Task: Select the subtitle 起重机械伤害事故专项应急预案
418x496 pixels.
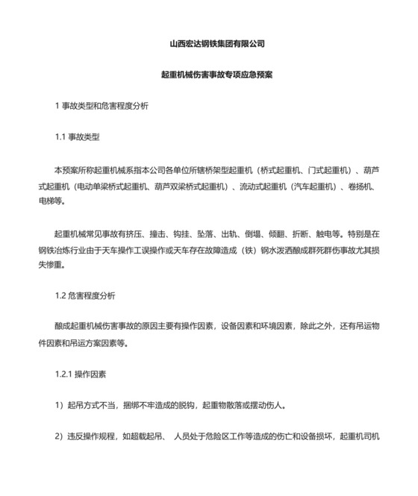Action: point(217,75)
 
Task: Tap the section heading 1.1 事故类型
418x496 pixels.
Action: point(78,138)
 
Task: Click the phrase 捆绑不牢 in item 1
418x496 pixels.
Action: point(149,406)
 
